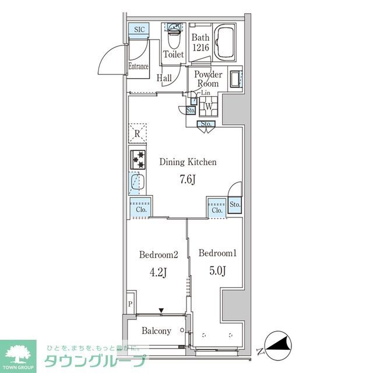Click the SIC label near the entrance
click(139, 30)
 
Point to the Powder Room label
click(208, 79)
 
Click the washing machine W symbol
click(207, 107)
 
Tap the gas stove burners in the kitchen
click(139, 160)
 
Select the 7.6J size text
click(187, 179)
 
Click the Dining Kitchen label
click(188, 162)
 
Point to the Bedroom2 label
click(158, 254)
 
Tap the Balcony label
click(156, 331)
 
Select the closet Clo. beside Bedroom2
click(140, 209)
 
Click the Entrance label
click(138, 66)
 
